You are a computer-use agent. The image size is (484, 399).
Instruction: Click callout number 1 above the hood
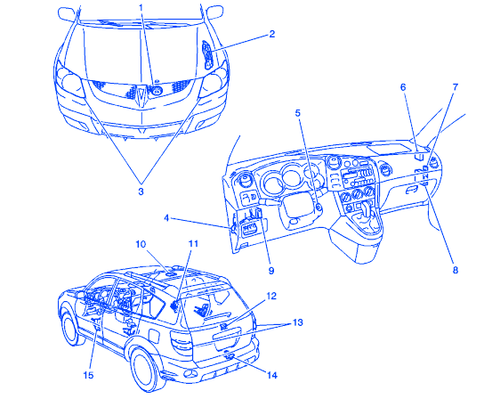pos(141,7)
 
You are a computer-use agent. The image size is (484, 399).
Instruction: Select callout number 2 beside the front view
pos(271,34)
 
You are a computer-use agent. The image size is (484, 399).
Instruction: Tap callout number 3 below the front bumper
pos(141,191)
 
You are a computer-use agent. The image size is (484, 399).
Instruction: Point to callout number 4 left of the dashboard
pos(166,218)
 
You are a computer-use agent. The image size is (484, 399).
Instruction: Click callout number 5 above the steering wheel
pos(297,113)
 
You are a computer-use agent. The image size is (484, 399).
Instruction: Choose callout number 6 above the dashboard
pos(403,87)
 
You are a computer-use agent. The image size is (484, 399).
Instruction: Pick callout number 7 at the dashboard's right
pos(456,87)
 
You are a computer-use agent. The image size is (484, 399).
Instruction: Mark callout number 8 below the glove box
pos(456,270)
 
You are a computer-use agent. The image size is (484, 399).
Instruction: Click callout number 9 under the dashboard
pos(271,271)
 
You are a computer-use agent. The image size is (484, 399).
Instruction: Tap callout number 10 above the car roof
pos(141,244)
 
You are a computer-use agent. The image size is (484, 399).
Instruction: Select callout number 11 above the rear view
pos(193,244)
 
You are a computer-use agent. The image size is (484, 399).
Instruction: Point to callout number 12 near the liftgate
pos(271,296)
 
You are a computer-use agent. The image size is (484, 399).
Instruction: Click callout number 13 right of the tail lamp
pos(297,322)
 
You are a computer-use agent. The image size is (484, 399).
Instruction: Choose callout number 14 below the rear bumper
pos(272,376)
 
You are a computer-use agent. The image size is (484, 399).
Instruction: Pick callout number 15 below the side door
pos(88,375)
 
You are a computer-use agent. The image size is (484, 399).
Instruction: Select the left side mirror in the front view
pos(67,14)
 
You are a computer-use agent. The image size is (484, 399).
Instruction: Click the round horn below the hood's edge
pos(157,90)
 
